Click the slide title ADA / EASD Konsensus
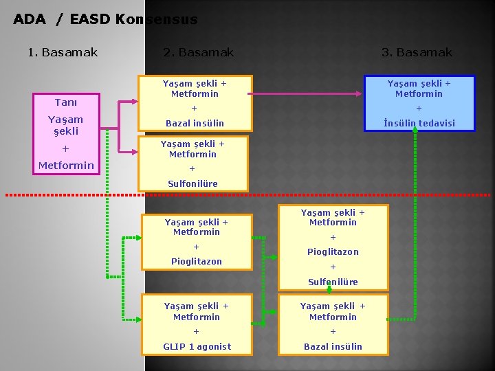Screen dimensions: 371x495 point(105,19)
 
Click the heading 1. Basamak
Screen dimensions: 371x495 point(63,52)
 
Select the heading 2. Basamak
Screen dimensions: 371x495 point(199,52)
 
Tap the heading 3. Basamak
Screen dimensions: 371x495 point(417,52)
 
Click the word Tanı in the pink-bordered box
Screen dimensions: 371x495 point(66,102)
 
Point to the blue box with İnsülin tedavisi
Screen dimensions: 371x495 point(419,103)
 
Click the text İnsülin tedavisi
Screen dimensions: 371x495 point(419,124)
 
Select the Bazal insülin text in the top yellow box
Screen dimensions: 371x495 point(195,124)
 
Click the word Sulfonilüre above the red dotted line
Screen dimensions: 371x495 point(192,183)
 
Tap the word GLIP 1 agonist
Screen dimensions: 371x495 point(197,346)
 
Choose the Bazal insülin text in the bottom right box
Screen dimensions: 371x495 point(333,346)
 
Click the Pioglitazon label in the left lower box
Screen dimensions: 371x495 point(197,261)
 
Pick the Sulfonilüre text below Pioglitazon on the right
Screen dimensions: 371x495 point(333,282)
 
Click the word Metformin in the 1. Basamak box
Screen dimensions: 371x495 point(66,166)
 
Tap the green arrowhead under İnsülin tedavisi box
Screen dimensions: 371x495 point(415,134)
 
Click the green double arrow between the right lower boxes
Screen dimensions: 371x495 point(330,289)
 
